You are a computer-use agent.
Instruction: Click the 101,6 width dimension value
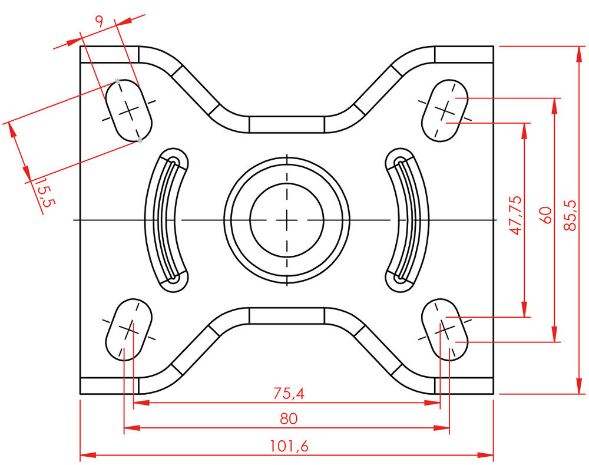pos(289,446)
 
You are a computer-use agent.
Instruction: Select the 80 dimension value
pos(289,418)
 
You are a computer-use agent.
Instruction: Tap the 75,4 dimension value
pos(289,393)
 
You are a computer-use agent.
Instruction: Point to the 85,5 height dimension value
pos(570,215)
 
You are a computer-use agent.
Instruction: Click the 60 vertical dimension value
pos(545,215)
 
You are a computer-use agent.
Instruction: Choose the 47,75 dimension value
pos(517,215)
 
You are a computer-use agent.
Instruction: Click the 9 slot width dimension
pos(99,22)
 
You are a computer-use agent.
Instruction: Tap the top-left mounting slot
pos(129,110)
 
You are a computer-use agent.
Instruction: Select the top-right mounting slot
pos(445,109)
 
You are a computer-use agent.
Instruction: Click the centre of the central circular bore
pos(287,219)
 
